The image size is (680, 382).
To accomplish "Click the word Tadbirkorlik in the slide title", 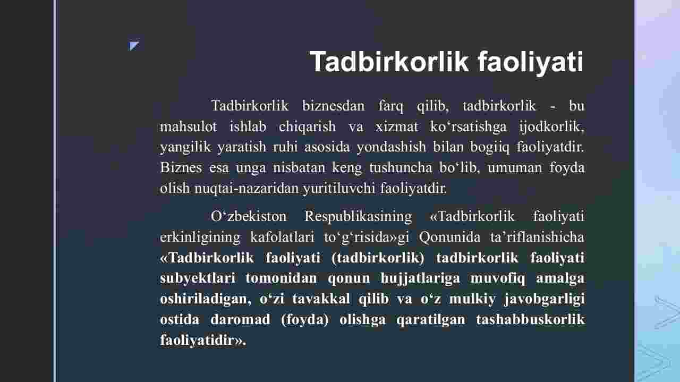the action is tap(389, 62).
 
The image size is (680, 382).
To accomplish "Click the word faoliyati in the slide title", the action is tap(531, 62).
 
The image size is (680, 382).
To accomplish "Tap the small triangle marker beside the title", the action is tap(134, 46).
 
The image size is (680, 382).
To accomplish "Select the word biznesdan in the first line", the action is tap(333, 106).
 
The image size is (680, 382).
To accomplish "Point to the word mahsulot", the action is tap(188, 126).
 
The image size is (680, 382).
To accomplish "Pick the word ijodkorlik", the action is tap(551, 126).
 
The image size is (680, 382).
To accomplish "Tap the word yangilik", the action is tap(185, 148).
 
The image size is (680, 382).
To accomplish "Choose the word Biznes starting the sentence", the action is tap(181, 167).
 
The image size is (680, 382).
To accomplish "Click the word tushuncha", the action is tap(401, 167).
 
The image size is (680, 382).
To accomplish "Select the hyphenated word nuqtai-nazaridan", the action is tap(246, 189).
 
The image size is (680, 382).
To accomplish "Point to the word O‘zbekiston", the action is tap(248, 217).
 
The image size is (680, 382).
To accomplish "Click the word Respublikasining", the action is tap(358, 217).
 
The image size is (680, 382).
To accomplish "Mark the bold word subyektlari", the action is tap(198, 278).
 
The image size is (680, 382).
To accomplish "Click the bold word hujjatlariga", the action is tap(420, 278).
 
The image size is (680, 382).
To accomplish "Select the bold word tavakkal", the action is tap(321, 299).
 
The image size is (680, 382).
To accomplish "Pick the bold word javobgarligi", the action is tap(545, 299).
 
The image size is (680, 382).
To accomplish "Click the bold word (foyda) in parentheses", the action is tap(304, 320).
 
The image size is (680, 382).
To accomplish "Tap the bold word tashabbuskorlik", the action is tap(530, 319).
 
